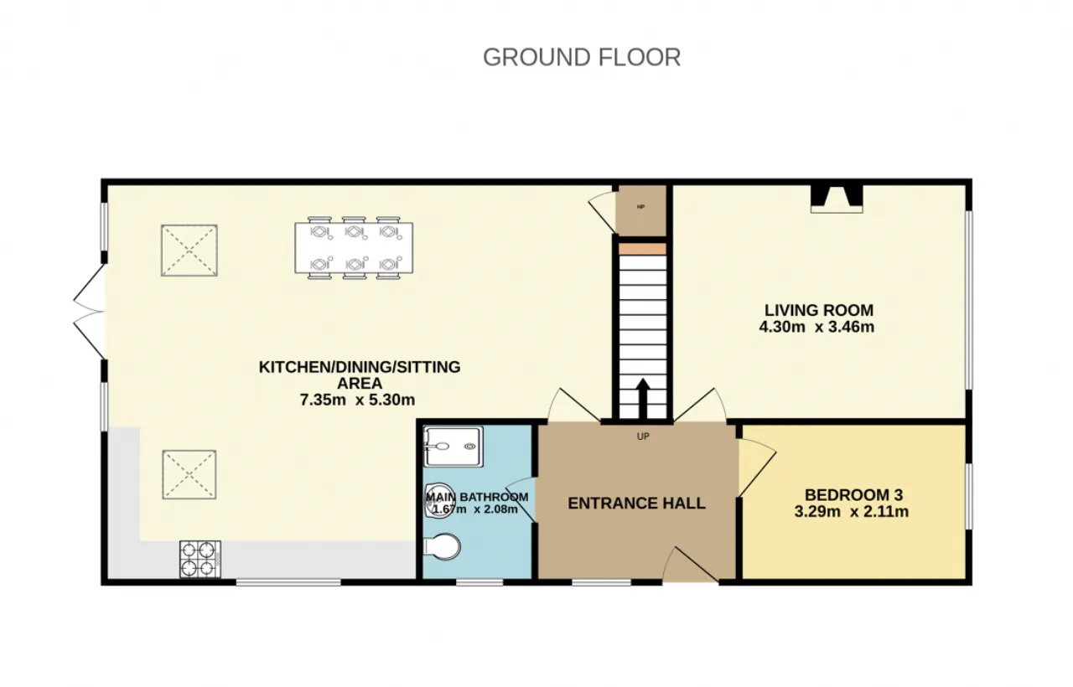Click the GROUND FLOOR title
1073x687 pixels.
pos(582,58)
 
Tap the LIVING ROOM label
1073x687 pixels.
pos(819,310)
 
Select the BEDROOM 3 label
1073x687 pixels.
pos(853,494)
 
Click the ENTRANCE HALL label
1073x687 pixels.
pos(636,504)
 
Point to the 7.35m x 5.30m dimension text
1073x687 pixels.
pos(357,400)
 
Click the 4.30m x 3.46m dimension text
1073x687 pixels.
pos(816,327)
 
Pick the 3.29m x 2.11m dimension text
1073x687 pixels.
pos(851,511)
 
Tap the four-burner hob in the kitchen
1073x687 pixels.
pos(200,559)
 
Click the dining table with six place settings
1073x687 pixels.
pos(354,247)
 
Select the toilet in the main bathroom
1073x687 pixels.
pos(442,547)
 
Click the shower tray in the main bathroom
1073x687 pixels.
pos(454,447)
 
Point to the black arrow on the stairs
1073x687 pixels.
pos(643,398)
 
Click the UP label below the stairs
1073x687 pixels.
pos(643,436)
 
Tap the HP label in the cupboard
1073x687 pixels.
pos(641,207)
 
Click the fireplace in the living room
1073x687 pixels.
pos(837,199)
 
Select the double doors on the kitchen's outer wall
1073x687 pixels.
pos(89,311)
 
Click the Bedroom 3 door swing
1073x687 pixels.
pos(757,468)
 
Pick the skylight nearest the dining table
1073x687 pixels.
pos(189,251)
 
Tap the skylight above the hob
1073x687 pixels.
pos(189,474)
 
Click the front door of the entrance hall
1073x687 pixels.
pos(691,565)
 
